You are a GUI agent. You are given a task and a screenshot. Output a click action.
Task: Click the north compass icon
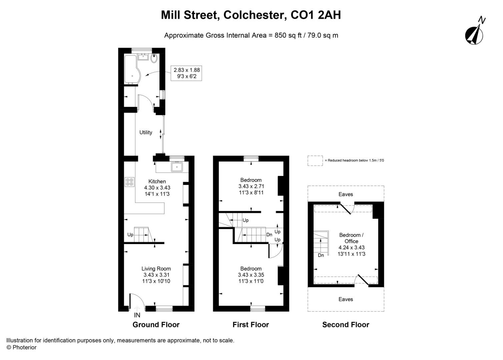click(x=474, y=34)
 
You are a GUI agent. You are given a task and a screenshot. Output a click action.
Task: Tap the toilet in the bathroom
click(x=154, y=59)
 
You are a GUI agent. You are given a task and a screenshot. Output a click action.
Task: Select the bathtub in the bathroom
click(x=131, y=69)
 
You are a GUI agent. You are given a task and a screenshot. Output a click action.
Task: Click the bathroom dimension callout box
click(x=186, y=73)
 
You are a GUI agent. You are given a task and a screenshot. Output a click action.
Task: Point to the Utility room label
click(x=146, y=132)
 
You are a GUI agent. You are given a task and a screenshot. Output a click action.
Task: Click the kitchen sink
click(x=177, y=166)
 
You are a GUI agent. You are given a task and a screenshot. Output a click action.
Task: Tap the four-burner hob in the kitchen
click(x=129, y=182)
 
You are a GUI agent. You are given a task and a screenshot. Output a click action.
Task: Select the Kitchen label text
click(x=157, y=181)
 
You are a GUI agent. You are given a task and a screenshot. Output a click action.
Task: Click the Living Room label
click(x=156, y=269)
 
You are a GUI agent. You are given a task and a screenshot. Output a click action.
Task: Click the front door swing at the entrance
click(x=137, y=301)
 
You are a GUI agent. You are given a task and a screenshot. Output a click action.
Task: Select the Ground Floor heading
click(x=156, y=325)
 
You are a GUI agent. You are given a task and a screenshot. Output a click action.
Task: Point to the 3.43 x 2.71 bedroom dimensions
click(x=251, y=186)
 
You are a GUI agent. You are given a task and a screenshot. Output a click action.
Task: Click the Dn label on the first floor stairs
click(x=269, y=235)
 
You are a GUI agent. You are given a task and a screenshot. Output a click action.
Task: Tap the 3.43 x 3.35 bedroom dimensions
click(x=251, y=275)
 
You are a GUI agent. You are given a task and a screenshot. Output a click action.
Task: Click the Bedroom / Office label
click(x=351, y=238)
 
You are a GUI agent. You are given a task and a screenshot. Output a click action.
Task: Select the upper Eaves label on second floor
click(x=346, y=194)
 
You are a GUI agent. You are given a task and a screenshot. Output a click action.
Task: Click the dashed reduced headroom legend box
click(x=315, y=161)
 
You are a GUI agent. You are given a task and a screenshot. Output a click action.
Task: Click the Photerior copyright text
click(x=22, y=347)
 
